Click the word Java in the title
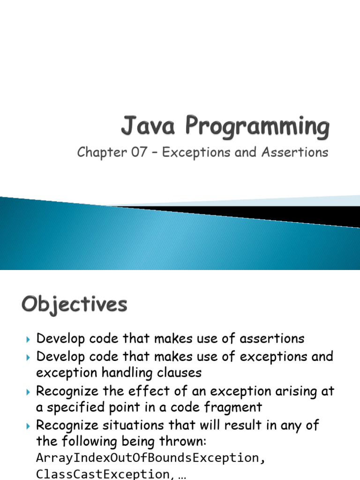tap(147, 127)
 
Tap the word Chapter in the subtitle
tap(101, 153)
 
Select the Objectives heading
tap(74, 305)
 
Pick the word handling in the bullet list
tap(128, 373)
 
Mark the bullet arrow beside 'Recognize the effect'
tap(28, 391)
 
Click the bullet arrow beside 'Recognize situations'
tap(28, 426)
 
